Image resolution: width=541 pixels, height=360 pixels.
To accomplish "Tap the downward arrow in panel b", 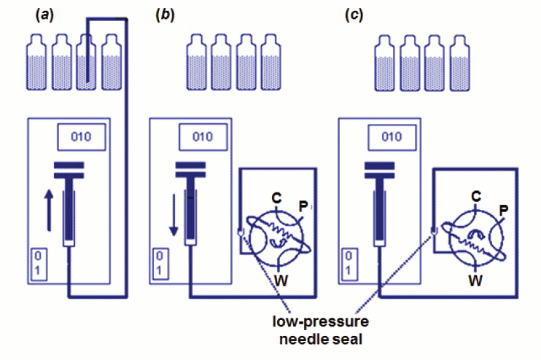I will [x=174, y=219].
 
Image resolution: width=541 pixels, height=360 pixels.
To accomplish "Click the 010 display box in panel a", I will [x=82, y=136].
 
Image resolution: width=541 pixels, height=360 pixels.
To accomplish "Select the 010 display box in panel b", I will [x=206, y=136].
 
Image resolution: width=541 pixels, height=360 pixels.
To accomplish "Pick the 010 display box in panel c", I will [x=392, y=136].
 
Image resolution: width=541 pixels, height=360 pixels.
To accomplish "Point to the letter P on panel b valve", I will [x=302, y=208].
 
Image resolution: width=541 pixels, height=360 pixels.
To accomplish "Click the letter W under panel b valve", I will [x=279, y=278].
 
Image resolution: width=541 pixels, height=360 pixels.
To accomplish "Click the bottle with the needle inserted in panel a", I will [x=87, y=66].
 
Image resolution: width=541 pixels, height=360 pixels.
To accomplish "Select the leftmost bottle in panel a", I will [x=37, y=66].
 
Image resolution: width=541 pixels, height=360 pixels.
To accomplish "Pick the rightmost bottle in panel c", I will [x=460, y=66].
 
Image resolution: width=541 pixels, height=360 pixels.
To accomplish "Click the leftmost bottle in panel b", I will [x=196, y=66].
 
